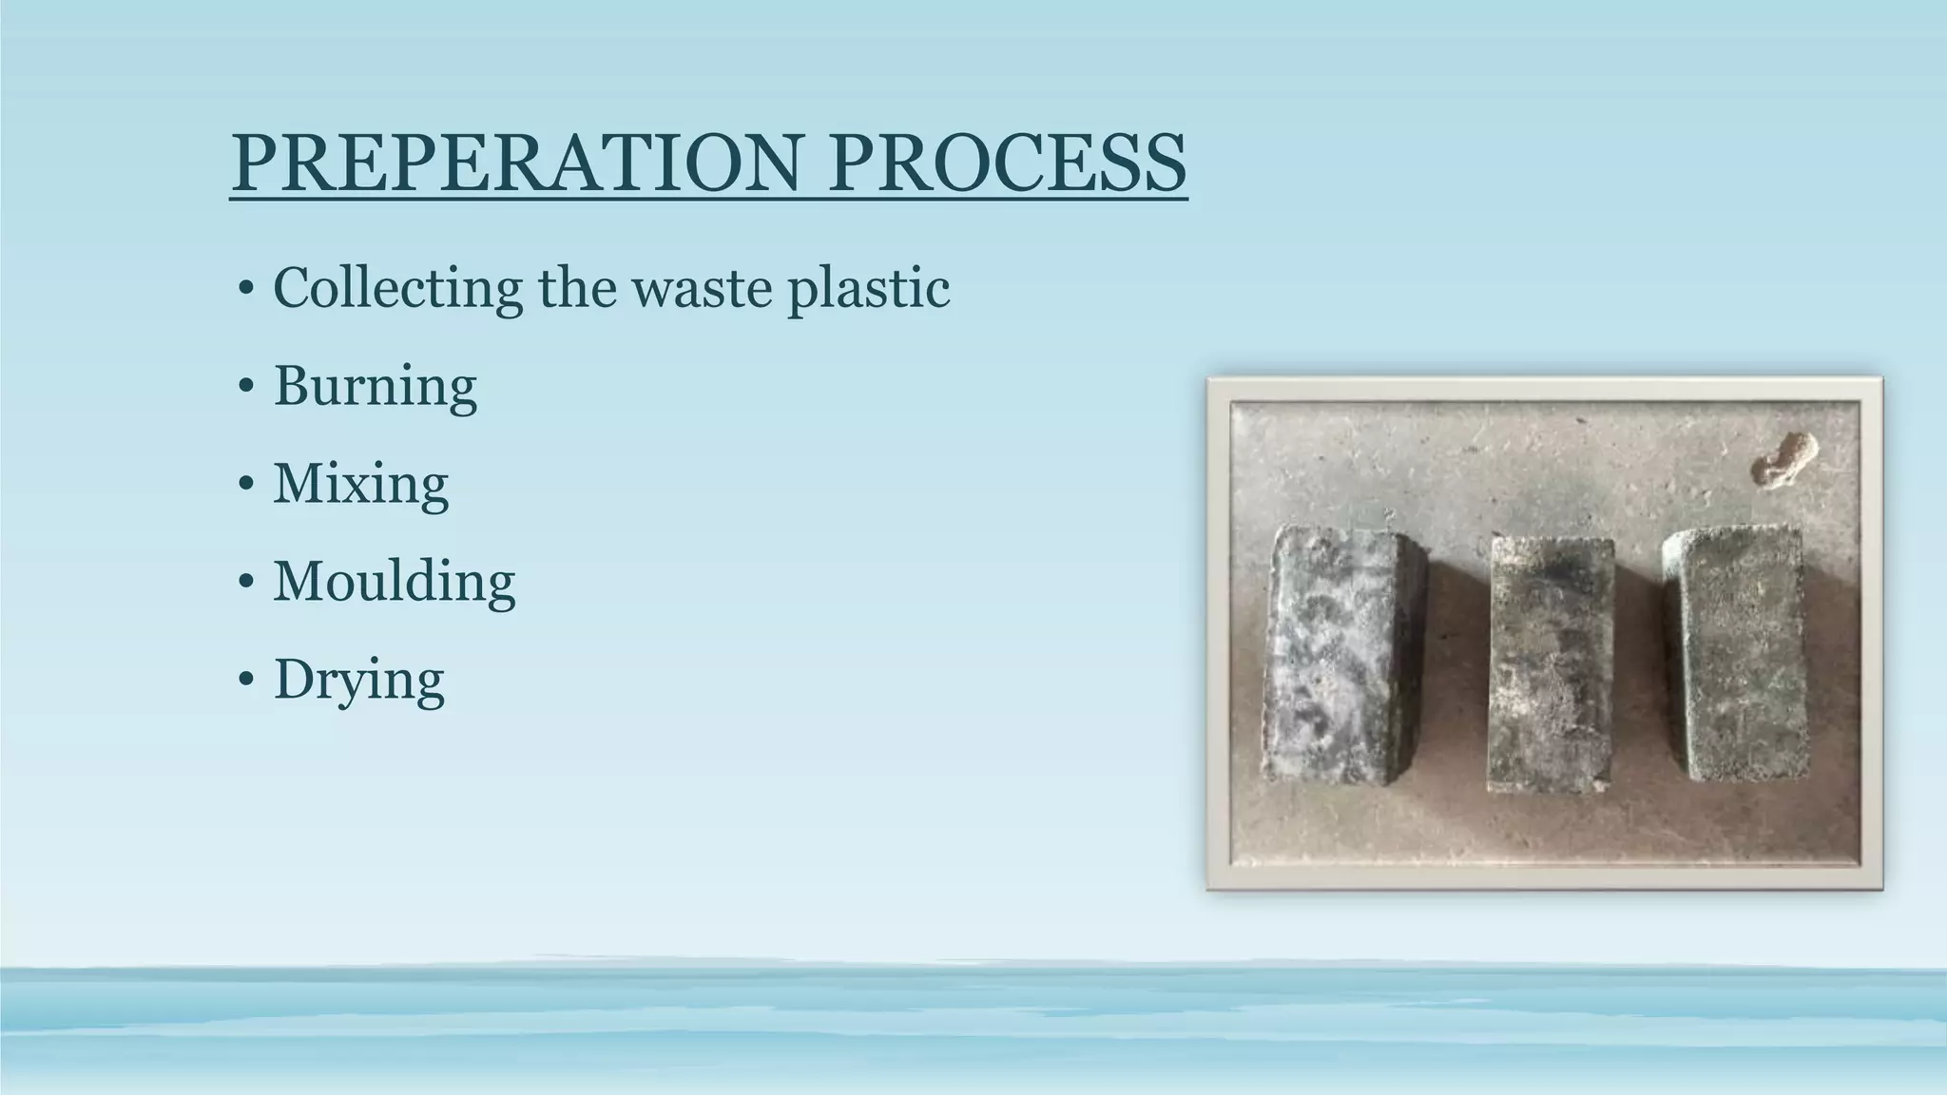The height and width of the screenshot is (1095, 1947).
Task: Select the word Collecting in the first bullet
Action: click(x=397, y=287)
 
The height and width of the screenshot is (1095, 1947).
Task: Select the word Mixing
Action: click(x=360, y=485)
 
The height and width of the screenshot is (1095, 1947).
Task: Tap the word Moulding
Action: click(x=394, y=581)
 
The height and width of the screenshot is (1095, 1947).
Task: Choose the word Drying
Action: click(x=358, y=681)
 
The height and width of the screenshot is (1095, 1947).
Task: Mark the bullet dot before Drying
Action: click(x=246, y=680)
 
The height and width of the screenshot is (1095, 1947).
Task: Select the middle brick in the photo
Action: click(x=1552, y=665)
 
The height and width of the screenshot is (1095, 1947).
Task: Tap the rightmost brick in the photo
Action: click(x=1737, y=656)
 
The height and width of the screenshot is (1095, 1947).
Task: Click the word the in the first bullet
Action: click(x=578, y=287)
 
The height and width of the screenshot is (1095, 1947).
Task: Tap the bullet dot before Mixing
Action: click(x=246, y=485)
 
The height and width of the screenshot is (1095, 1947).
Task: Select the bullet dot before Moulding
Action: click(x=246, y=582)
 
